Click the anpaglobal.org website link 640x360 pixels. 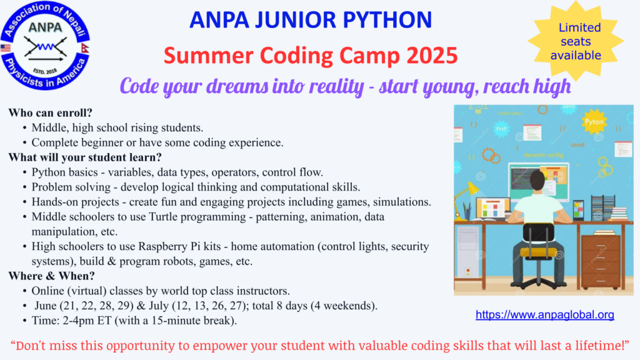click(x=545, y=315)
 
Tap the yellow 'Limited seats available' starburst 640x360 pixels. click(x=579, y=41)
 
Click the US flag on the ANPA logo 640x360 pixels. click(x=6, y=48)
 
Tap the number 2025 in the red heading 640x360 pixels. click(x=431, y=56)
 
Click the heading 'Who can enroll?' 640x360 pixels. click(x=50, y=113)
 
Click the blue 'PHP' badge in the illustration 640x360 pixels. click(x=501, y=129)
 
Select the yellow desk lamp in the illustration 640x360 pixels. click(x=466, y=191)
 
